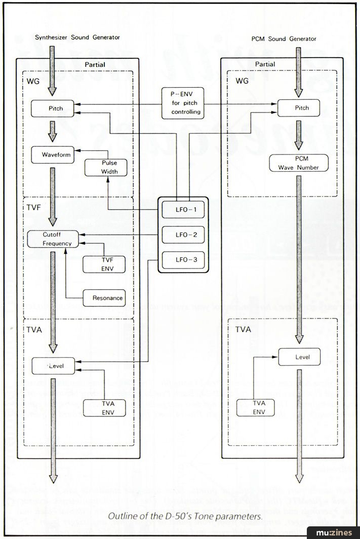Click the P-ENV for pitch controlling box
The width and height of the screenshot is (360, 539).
coord(183,103)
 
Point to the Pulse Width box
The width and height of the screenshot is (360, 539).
coord(105,167)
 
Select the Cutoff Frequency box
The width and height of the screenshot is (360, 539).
coord(53,240)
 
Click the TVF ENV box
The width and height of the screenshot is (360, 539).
coord(104,264)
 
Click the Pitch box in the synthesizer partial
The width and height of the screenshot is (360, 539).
coord(53,108)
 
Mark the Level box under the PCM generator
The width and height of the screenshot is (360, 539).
coord(301,357)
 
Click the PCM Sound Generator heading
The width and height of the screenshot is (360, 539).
coord(284,38)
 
